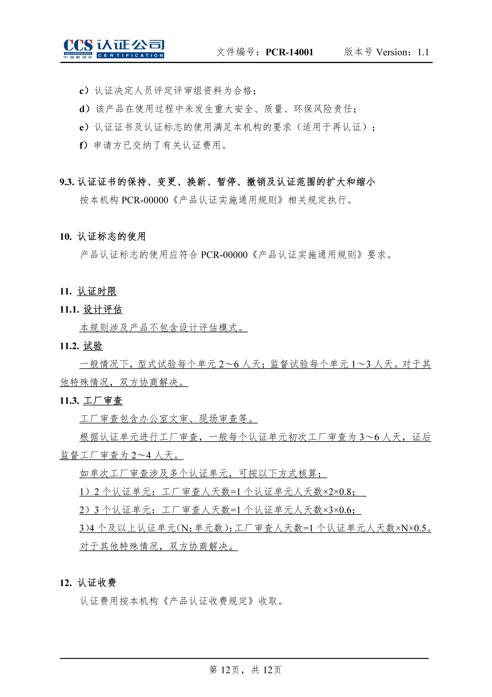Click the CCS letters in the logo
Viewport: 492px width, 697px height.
pyautogui.click(x=78, y=46)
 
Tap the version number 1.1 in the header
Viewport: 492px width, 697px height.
pyautogui.click(x=423, y=52)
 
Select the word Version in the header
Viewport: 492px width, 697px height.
pyautogui.click(x=393, y=52)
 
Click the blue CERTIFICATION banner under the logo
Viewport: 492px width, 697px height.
pyautogui.click(x=130, y=56)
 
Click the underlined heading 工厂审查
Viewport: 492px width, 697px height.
pyautogui.click(x=103, y=401)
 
